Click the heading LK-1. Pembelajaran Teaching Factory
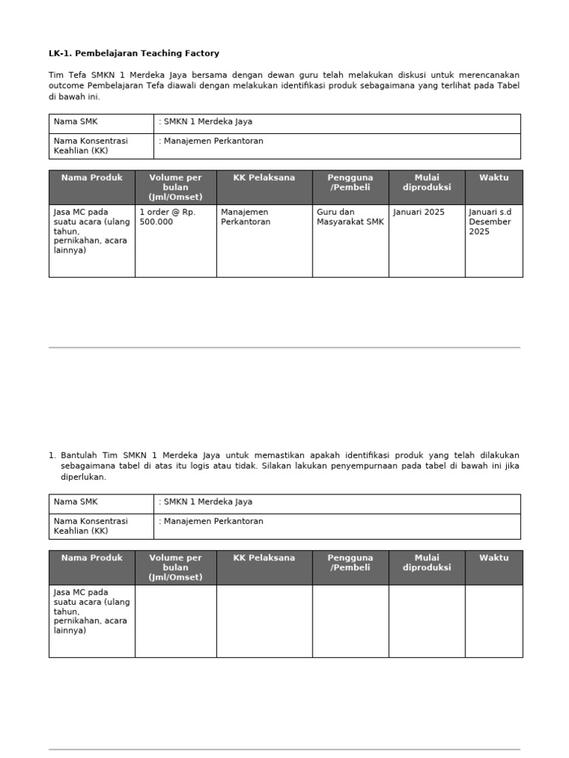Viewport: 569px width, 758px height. (134, 53)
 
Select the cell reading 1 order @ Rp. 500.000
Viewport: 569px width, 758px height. (167, 217)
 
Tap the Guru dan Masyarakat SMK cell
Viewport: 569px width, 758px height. (350, 217)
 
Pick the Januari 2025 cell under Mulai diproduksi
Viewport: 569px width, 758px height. (419, 212)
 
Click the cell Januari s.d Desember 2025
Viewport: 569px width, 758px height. (490, 221)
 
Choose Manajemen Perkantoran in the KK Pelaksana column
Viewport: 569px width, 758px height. (246, 217)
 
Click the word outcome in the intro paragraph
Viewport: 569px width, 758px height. (66, 86)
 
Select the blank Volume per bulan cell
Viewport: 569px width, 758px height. (176, 620)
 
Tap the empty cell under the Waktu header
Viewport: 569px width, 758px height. (493, 620)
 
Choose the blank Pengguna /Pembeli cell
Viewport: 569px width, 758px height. (350, 620)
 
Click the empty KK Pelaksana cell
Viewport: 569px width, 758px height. (264, 620)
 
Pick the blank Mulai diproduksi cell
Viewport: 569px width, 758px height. (427, 620)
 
